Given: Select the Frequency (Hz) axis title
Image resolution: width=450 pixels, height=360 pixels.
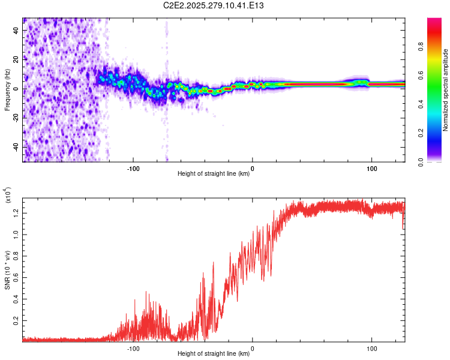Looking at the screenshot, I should click(7, 89).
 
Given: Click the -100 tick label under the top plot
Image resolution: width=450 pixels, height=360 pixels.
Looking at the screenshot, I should click(133, 168).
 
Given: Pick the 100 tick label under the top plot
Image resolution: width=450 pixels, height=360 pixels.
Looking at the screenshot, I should click(371, 168).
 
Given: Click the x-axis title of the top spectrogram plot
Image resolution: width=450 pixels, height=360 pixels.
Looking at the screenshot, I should click(214, 175).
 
